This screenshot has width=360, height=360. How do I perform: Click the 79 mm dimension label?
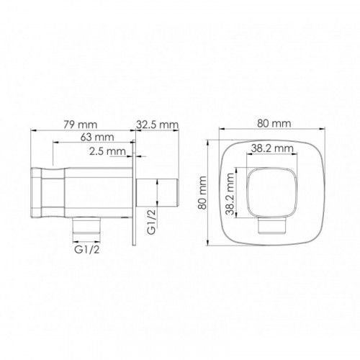tap(81, 125)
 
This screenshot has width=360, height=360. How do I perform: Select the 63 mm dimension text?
tap(97, 137)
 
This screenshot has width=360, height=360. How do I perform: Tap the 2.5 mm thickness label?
tap(107, 151)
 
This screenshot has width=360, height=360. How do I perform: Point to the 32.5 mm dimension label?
tap(158, 125)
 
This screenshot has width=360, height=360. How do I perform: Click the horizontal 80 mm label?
tap(274, 123)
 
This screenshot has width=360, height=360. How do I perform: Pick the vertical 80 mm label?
tap(202, 193)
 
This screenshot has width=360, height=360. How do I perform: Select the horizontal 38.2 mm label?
tap(272, 148)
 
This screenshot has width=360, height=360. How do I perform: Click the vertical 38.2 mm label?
tap(230, 194)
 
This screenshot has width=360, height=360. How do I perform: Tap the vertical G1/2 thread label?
tap(151, 221)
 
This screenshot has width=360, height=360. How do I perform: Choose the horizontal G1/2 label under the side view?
tap(86, 250)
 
